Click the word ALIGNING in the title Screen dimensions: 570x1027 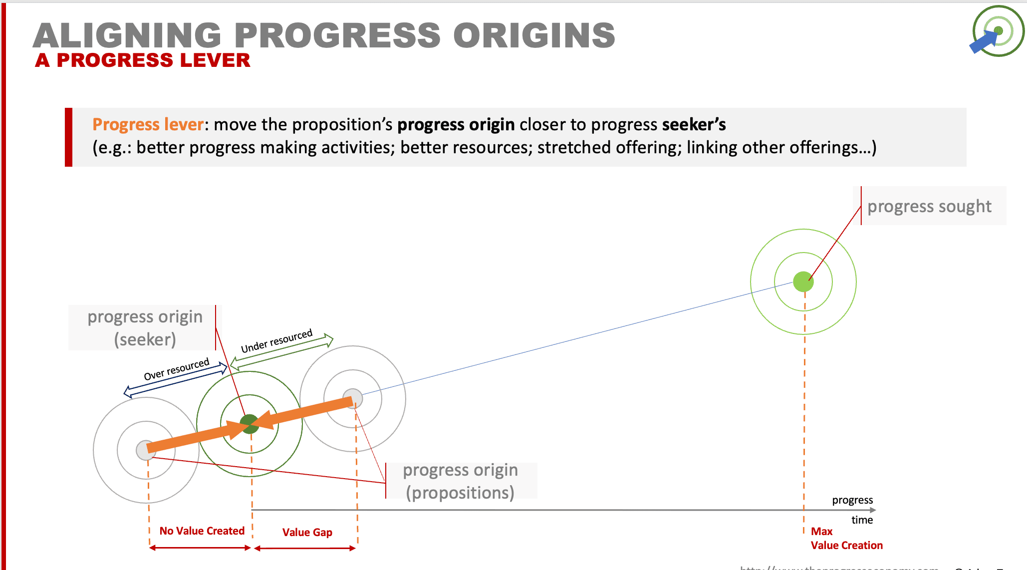pos(127,35)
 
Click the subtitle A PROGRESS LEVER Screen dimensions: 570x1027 pos(143,60)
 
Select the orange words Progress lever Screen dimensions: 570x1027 pos(148,124)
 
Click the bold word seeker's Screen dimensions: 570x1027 pos(694,124)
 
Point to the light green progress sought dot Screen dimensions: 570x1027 pos(803,282)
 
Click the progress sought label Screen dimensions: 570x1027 pos(929,206)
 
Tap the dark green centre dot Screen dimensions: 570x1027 pos(249,424)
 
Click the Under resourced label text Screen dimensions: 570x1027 pos(276,341)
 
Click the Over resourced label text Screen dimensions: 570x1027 pos(176,369)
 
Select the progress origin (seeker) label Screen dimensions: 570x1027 pos(145,328)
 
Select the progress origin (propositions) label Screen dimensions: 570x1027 pos(460,481)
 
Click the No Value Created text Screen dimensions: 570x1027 pos(202,531)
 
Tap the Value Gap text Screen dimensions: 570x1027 pos(307,532)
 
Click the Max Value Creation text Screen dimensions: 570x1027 pos(846,539)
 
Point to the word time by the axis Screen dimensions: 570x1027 pos(862,520)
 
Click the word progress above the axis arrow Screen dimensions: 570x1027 pos(852,500)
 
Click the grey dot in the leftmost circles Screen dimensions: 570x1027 pos(145,450)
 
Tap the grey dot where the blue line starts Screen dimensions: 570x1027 pos(353,398)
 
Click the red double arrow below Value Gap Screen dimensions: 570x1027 pos(305,548)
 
